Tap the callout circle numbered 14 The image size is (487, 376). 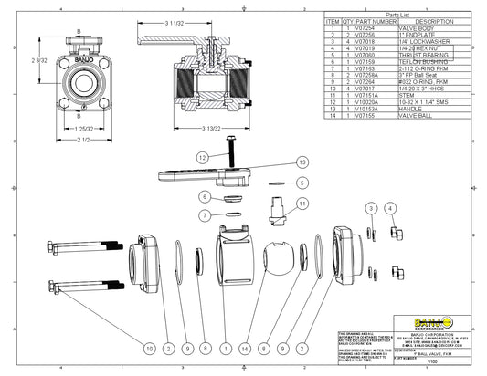click(x=245, y=348)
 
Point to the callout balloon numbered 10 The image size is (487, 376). click(x=150, y=348)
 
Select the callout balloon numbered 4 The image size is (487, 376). click(x=392, y=209)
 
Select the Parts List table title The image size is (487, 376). click(x=398, y=16)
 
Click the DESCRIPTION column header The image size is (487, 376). click(x=434, y=22)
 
